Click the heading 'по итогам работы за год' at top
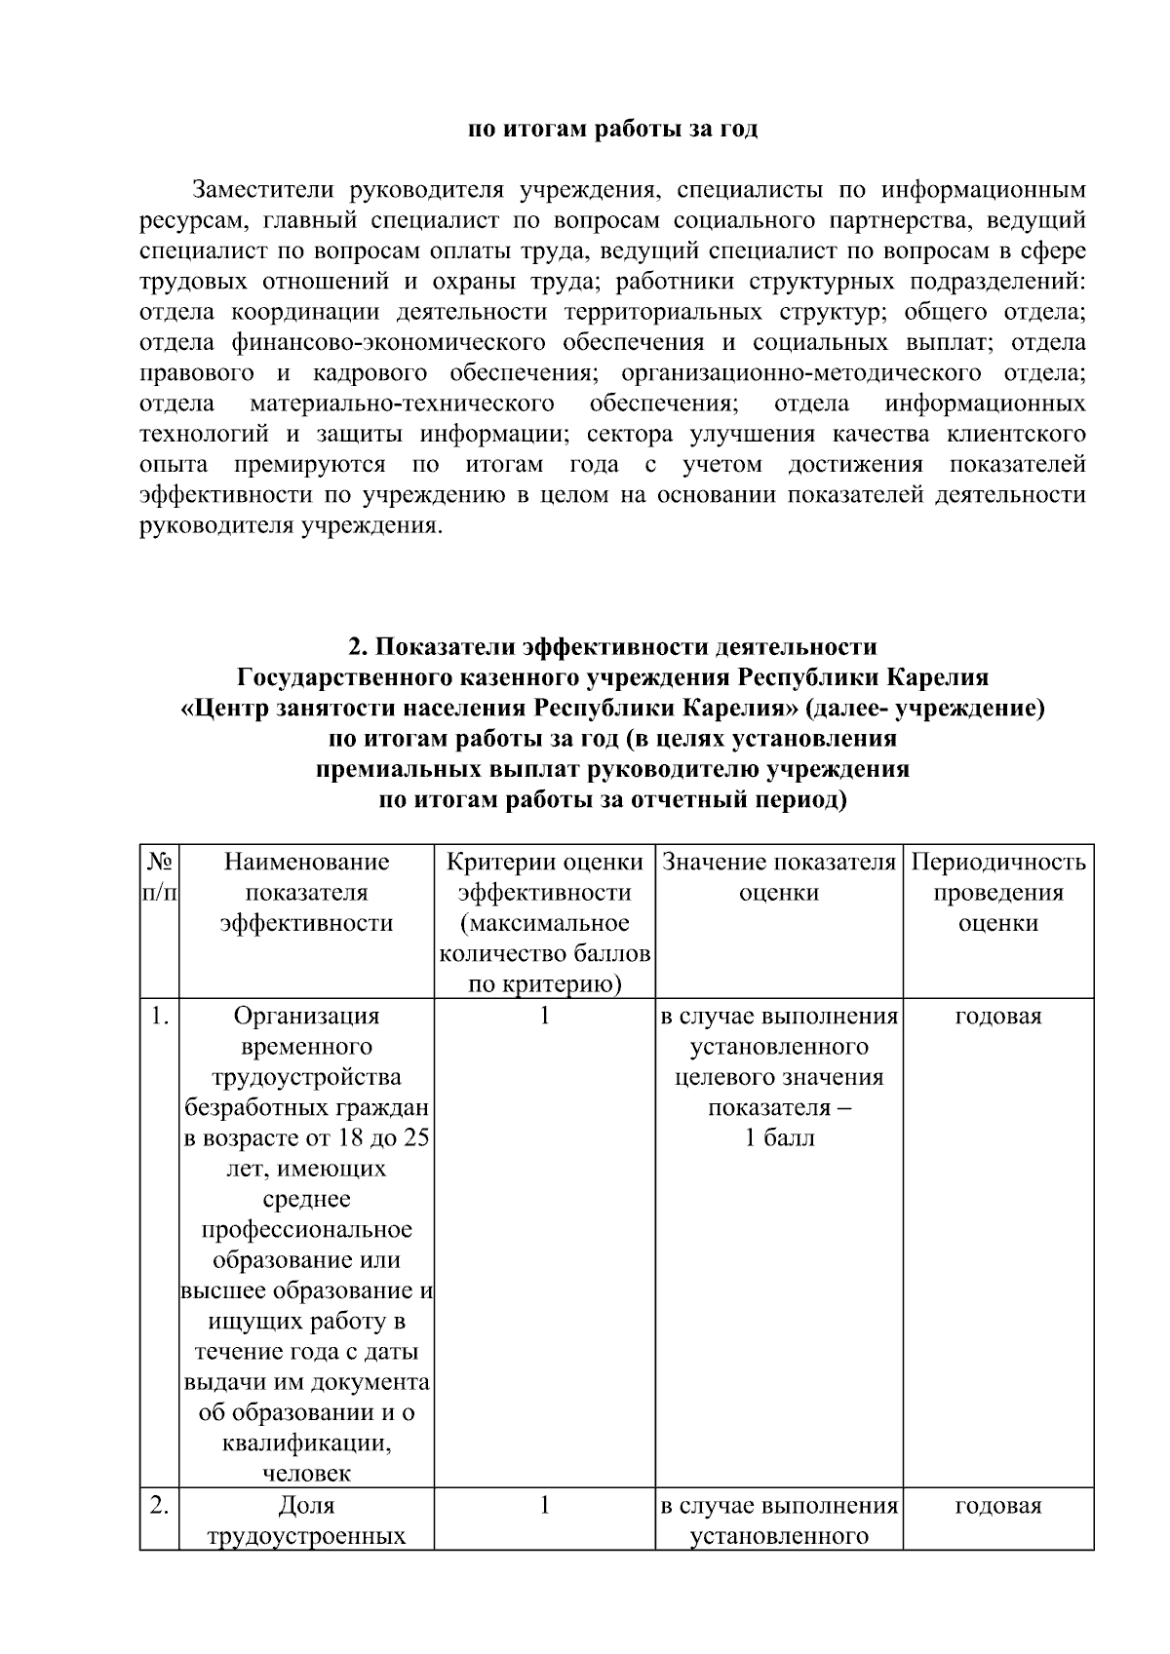[x=612, y=130]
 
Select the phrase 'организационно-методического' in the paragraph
[x=800, y=373]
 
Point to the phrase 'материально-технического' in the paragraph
[x=402, y=404]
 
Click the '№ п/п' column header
[x=160, y=877]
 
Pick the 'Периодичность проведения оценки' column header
[x=997, y=892]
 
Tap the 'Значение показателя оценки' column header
[x=778, y=877]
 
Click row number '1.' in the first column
[x=160, y=1017]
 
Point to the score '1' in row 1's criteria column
[x=545, y=1016]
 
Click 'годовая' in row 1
[x=997, y=1017]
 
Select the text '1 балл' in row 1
[x=778, y=1138]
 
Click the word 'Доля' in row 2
[x=306, y=1506]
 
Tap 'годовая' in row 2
[x=997, y=1506]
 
